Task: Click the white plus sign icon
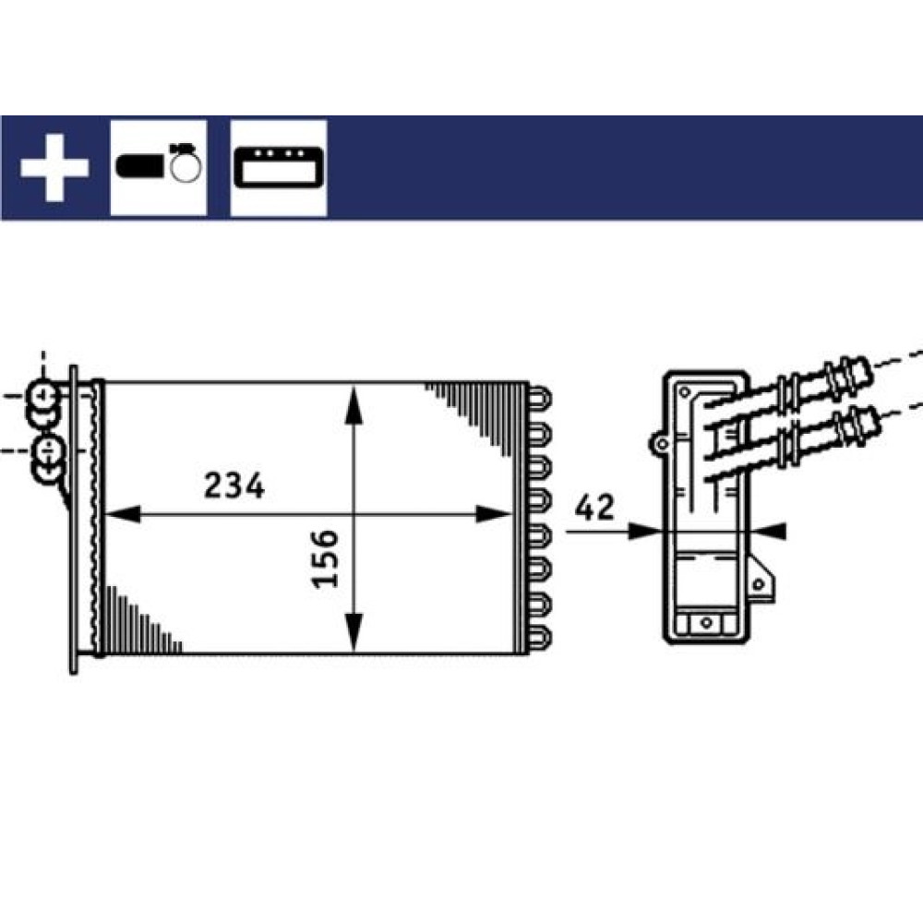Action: pos(54,168)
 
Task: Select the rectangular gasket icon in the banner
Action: pos(279,168)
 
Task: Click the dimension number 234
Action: pos(234,485)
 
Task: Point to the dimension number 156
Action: pos(325,558)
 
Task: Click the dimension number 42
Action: pos(594,508)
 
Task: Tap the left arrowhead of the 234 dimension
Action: pos(124,514)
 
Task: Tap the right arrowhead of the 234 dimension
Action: pos(493,514)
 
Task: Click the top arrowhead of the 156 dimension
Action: pos(354,404)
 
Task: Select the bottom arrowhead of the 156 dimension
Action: pos(354,632)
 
